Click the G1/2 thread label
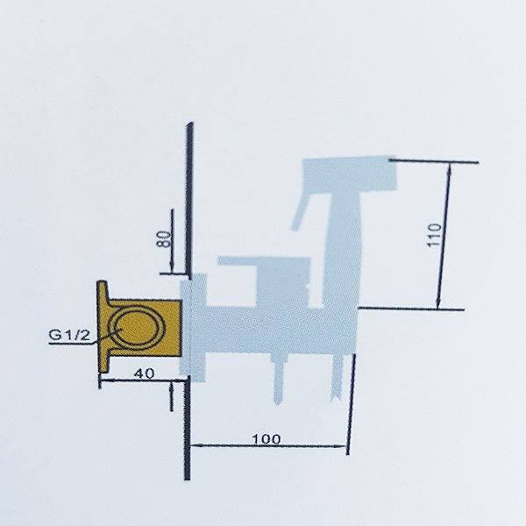click(x=69, y=335)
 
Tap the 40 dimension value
click(x=145, y=373)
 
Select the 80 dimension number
click(x=164, y=238)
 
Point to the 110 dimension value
click(x=434, y=235)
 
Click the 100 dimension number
click(x=266, y=438)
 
